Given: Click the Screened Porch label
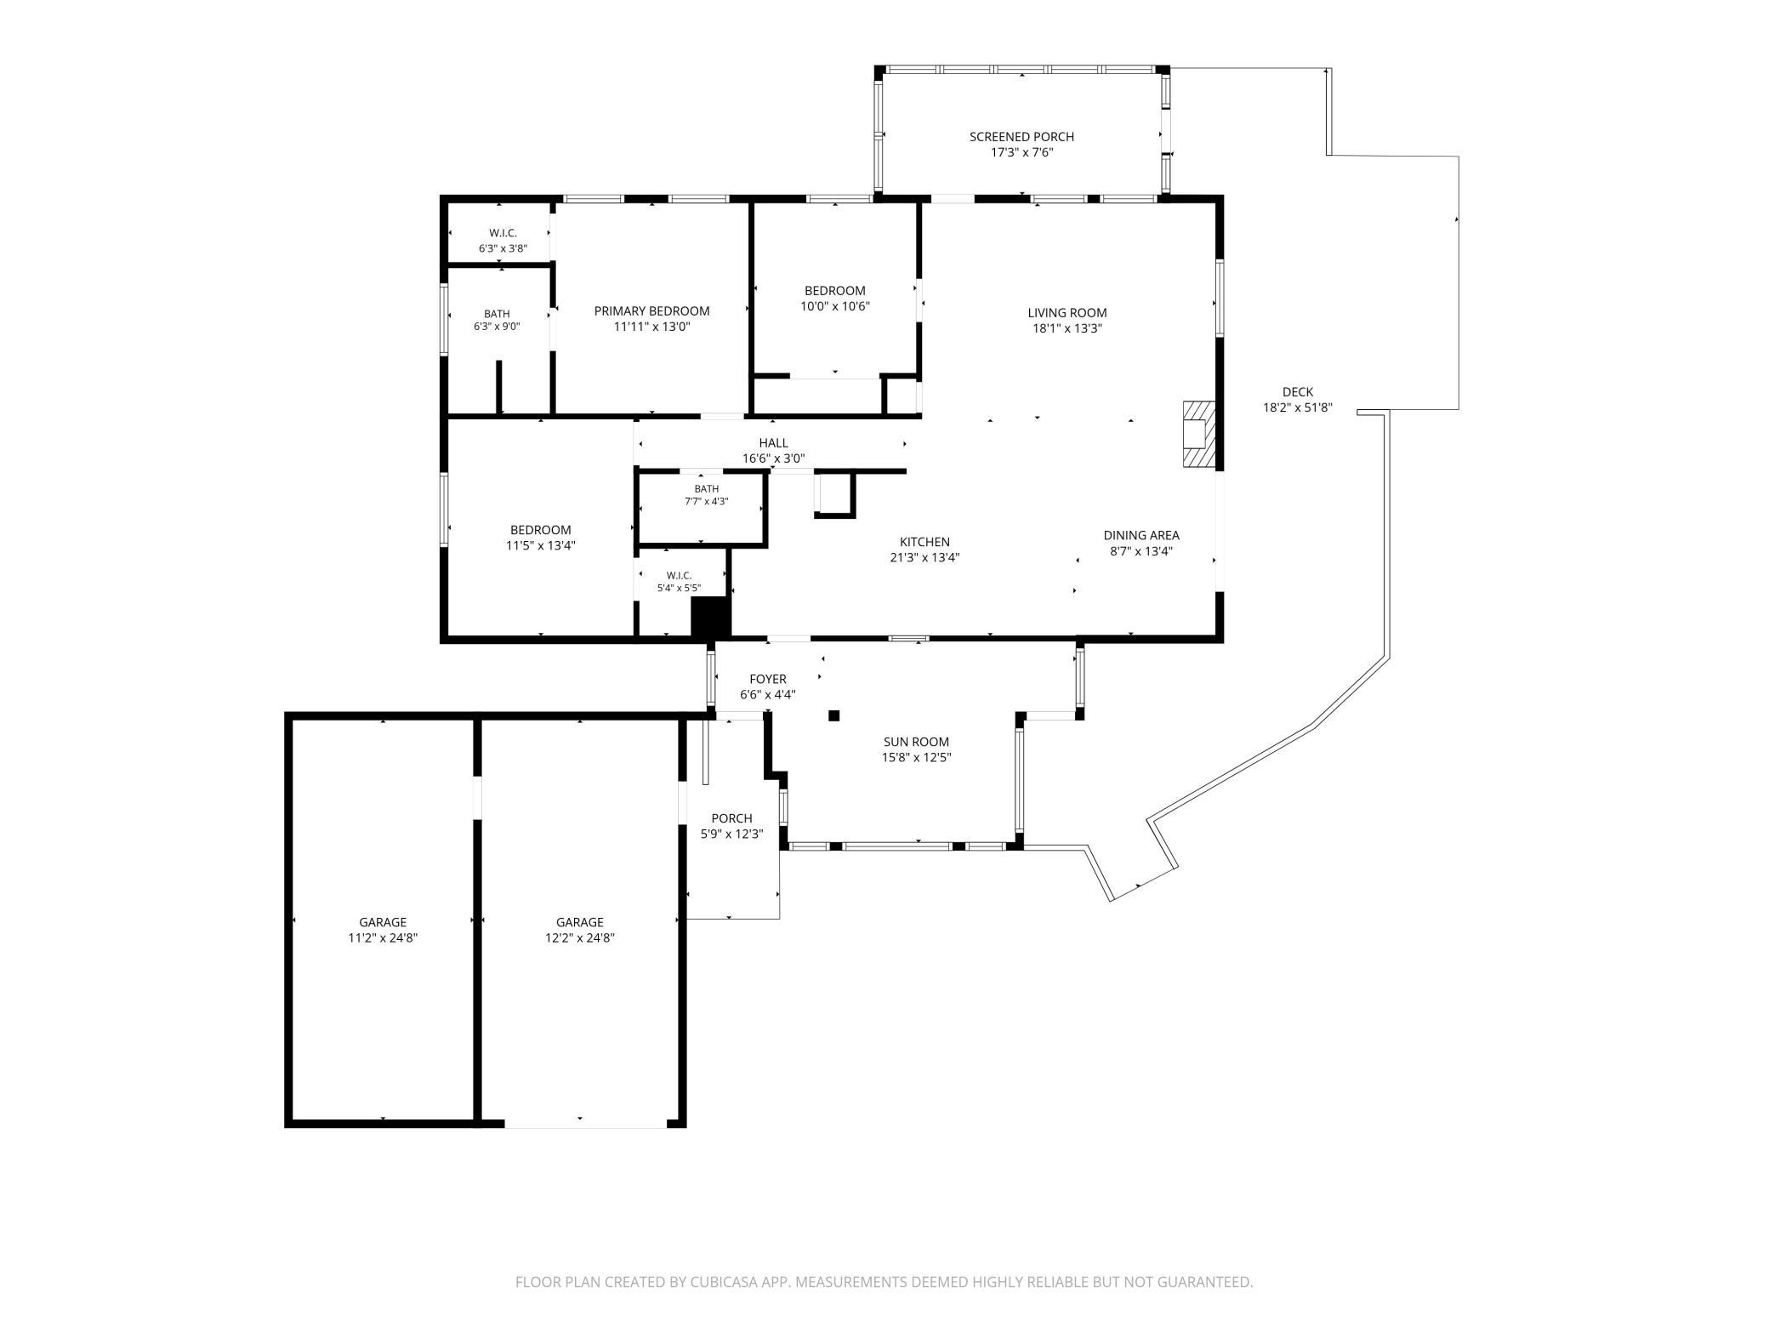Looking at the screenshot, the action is (x=1021, y=137).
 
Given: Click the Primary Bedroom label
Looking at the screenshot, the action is (x=651, y=311).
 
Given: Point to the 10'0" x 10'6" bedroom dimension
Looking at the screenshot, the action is (x=835, y=306).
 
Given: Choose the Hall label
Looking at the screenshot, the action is (x=773, y=443).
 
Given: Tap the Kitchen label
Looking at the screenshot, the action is (x=924, y=542).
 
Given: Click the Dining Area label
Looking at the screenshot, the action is (x=1141, y=535).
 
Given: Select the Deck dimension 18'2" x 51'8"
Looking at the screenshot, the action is (x=1297, y=407).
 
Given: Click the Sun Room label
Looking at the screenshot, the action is (x=916, y=742).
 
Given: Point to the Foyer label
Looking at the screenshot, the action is (x=768, y=679).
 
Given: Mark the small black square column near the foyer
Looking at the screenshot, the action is (x=834, y=715).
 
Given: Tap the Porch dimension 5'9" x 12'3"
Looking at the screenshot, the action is (x=731, y=834).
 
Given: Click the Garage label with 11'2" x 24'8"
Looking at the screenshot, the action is (x=383, y=922).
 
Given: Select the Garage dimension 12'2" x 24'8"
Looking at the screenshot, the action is (x=580, y=938).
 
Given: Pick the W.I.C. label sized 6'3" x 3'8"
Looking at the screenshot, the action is (x=503, y=233).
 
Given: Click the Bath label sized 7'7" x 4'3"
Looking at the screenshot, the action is (x=706, y=489).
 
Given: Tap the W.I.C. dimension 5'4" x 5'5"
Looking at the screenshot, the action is (x=679, y=588).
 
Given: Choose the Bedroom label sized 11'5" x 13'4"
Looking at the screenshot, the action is (x=540, y=530).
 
